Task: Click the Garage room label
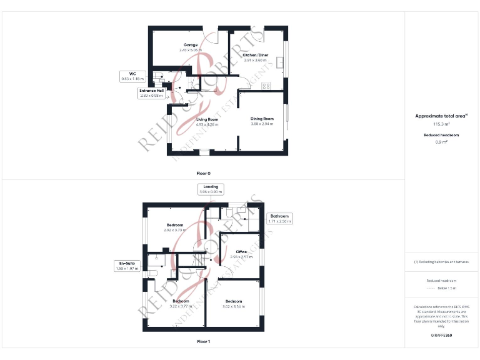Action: click(x=191, y=45)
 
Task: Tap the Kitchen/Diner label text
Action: click(x=254, y=56)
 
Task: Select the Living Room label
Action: click(x=207, y=119)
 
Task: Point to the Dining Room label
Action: click(x=262, y=119)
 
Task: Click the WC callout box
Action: click(x=132, y=76)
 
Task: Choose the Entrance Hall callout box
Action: click(x=151, y=93)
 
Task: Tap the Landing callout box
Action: click(x=211, y=189)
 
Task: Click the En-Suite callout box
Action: click(x=126, y=266)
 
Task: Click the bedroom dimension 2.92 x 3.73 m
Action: click(x=175, y=231)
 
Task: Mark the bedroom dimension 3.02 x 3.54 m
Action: click(x=233, y=307)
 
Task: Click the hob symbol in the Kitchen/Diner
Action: click(x=266, y=86)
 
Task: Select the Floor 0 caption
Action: click(x=204, y=172)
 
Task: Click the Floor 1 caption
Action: click(x=204, y=342)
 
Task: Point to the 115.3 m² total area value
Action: click(x=441, y=124)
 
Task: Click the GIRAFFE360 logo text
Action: click(x=441, y=336)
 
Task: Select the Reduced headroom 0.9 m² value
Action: click(x=441, y=142)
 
